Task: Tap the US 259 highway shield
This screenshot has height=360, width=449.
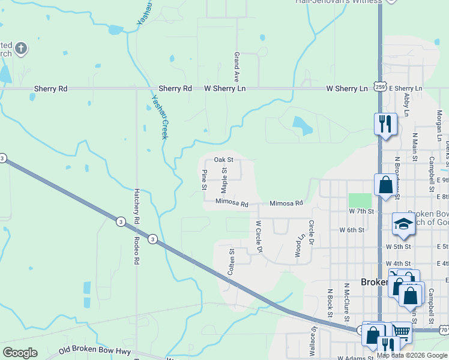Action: (380, 87)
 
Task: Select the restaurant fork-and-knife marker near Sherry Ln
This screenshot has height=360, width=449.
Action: (385, 124)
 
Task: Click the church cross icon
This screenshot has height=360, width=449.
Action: (20, 48)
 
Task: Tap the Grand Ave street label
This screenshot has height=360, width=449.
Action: (237, 67)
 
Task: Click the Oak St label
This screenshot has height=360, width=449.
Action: (223, 160)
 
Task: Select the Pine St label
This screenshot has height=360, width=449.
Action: (204, 180)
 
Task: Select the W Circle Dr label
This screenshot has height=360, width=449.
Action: (259, 236)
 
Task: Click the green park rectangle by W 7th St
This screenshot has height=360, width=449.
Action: (360, 201)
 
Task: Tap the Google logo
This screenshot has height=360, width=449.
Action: (20, 353)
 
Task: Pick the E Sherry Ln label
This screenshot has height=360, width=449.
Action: (406, 88)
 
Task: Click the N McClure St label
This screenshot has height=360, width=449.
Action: (346, 300)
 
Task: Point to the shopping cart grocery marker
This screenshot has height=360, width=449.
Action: (402, 331)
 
